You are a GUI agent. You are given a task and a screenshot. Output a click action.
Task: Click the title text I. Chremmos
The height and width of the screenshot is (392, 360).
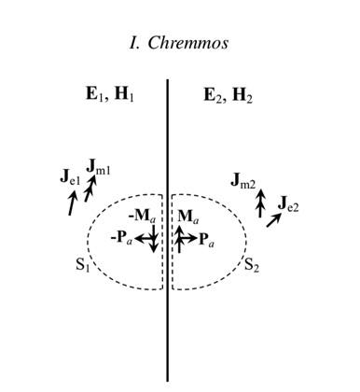coord(179,43)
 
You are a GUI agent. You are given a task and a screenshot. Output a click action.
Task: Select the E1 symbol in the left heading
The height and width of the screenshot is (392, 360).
coord(92,94)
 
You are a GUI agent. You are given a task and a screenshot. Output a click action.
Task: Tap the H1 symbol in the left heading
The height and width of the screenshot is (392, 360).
coord(124,94)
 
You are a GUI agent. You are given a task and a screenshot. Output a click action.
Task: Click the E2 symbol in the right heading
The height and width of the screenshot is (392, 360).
coord(211,95)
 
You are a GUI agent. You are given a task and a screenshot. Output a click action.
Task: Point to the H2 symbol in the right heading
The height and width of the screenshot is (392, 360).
coord(242,95)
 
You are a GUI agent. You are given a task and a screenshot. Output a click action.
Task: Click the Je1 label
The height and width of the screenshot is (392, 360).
coord(70,177)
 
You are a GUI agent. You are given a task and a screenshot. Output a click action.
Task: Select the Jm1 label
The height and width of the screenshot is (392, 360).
coord(98,167)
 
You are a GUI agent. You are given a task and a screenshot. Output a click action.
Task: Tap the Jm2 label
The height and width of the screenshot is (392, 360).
coord(243,180)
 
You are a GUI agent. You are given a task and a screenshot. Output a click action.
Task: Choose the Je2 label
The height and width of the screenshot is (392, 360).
coord(288,204)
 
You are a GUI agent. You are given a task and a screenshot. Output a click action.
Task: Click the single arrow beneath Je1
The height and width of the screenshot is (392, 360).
coord(72,203)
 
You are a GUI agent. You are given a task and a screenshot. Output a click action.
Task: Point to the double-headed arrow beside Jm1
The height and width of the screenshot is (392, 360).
coord(90,189)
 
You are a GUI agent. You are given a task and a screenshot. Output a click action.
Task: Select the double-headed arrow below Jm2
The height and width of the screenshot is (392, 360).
coord(260,203)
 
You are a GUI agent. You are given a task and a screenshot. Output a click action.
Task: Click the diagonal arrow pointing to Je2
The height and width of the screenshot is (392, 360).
coord(274,220)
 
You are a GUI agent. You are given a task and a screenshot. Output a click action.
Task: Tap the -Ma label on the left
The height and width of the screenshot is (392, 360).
coord(142,217)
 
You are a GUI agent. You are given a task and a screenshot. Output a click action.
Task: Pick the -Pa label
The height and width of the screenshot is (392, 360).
coord(122,239)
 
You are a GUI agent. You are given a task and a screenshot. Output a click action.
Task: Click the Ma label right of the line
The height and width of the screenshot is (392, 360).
coord(187,217)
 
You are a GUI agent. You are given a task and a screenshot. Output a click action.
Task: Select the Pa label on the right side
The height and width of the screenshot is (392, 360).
coord(206,240)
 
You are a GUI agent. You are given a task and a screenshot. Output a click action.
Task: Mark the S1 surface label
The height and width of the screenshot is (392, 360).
coord(83,265)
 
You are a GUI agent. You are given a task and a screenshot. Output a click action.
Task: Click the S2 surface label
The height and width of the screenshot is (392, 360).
coord(252,265)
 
